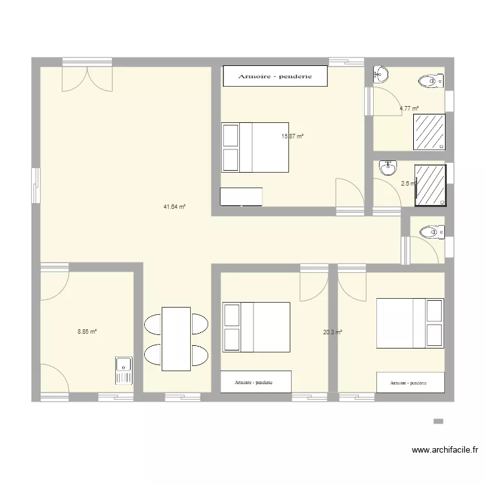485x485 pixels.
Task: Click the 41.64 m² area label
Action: (x=175, y=207)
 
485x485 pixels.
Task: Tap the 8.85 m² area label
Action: (x=87, y=332)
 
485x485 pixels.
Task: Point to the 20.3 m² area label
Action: (x=332, y=332)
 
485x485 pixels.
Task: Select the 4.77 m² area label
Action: (x=409, y=109)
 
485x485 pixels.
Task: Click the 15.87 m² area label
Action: (x=292, y=136)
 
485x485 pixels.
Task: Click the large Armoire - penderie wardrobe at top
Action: (x=275, y=76)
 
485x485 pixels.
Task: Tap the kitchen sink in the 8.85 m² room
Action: (x=123, y=371)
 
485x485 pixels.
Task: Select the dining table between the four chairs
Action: (x=176, y=339)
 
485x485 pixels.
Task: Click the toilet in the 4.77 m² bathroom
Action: (x=430, y=81)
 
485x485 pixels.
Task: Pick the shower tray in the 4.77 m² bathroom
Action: (x=429, y=133)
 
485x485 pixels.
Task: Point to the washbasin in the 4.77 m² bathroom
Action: (x=380, y=76)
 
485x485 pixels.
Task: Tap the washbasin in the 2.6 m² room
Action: (x=387, y=169)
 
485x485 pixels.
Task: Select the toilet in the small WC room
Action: (x=430, y=232)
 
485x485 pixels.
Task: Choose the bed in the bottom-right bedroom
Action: (x=411, y=323)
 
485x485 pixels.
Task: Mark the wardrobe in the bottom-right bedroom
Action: (x=411, y=383)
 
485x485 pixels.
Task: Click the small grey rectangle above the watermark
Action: (x=438, y=421)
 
